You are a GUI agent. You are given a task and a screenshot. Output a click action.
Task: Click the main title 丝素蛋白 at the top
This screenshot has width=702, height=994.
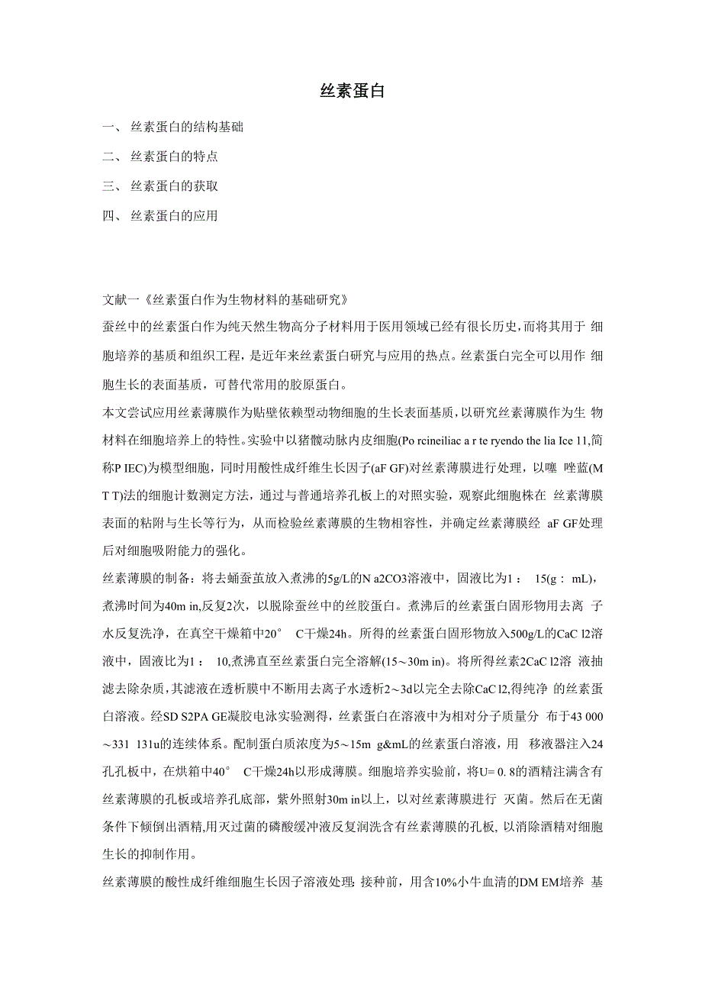(x=351, y=91)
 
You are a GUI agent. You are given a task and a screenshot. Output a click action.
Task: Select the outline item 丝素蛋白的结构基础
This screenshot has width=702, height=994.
(x=187, y=127)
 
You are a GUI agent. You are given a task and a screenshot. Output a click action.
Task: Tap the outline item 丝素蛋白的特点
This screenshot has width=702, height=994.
(x=174, y=157)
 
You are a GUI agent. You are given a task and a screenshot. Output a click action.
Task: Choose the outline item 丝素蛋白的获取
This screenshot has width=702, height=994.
(x=174, y=186)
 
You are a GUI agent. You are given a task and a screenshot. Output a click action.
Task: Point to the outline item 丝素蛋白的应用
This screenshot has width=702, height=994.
(x=174, y=216)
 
